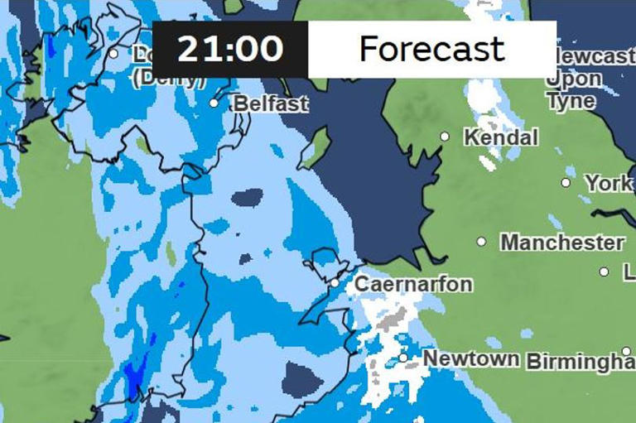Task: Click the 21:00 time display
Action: [230, 49]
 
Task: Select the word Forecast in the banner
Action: [431, 49]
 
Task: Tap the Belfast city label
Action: [271, 103]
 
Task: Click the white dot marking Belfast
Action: [214, 103]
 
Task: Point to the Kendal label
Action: [501, 137]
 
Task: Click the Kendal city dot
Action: [445, 136]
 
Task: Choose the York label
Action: [608, 183]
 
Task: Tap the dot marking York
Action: [566, 182]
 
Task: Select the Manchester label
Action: [562, 243]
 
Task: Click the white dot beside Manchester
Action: [481, 242]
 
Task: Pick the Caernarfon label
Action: [413, 284]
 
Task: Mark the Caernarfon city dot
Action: [335, 283]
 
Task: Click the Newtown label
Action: [470, 358]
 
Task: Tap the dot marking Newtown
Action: [403, 358]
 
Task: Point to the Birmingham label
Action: [580, 362]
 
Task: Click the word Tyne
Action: [571, 100]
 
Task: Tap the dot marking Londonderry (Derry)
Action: [113, 54]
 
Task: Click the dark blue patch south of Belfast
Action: [247, 198]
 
